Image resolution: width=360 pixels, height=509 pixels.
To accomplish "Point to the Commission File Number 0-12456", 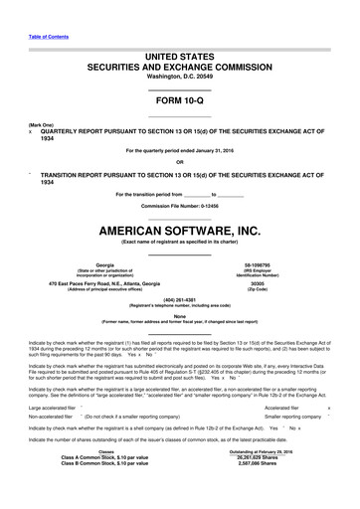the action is (179, 205).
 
